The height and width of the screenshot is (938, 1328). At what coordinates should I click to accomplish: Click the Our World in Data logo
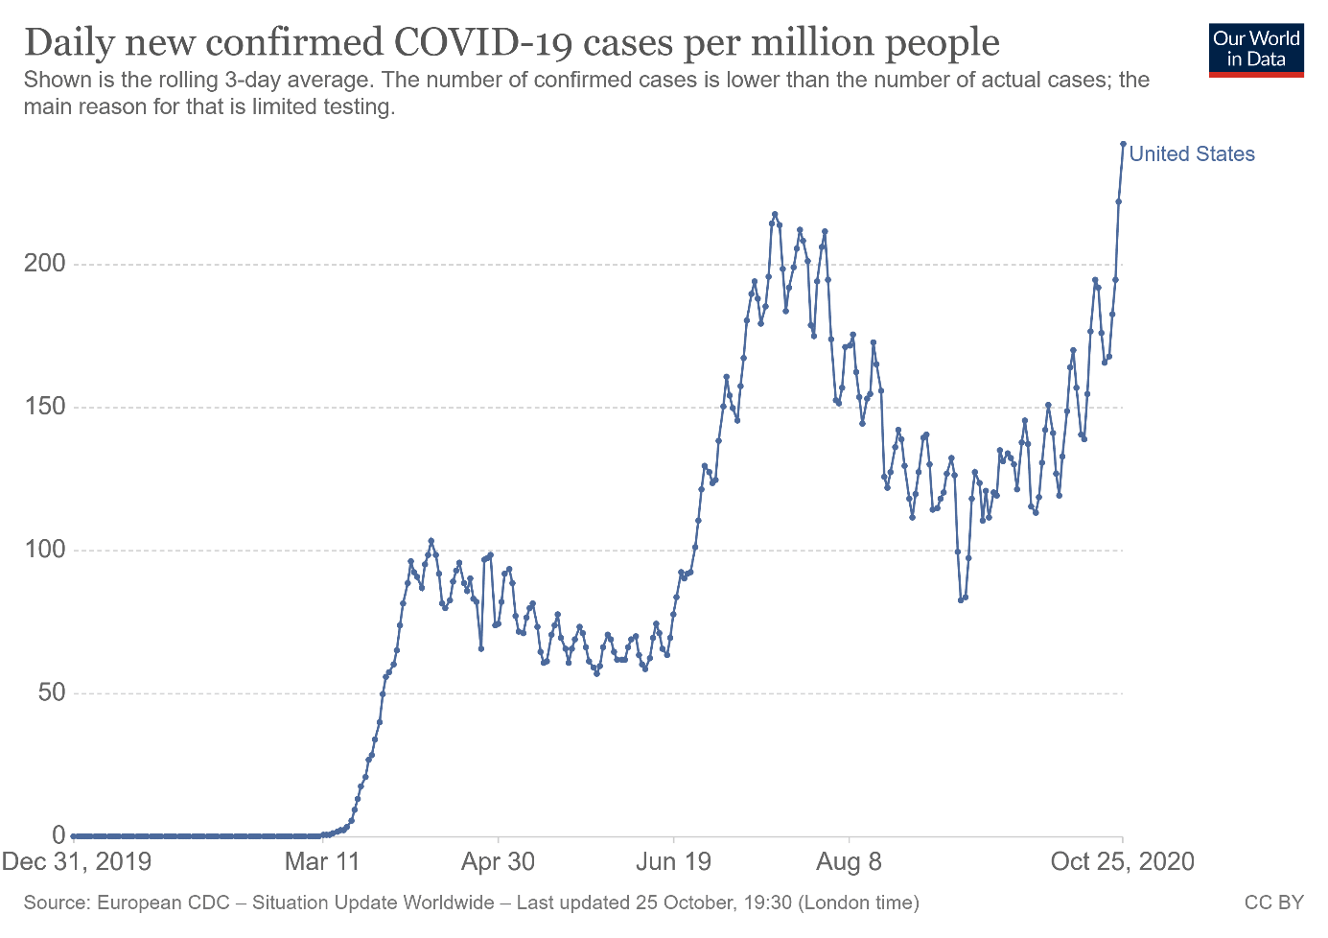[1256, 50]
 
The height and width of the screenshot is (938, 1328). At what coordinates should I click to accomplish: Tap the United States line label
[1192, 154]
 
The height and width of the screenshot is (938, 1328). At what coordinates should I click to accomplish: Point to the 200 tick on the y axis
[45, 264]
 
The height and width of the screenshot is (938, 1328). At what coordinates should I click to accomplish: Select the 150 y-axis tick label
[45, 407]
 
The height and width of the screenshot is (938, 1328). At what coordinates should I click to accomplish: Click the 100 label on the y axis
[45, 550]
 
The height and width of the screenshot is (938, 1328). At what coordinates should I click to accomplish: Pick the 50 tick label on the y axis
[52, 692]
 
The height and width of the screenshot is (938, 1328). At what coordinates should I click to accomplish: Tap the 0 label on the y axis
[59, 835]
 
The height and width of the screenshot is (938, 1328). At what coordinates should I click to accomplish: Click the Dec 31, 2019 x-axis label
[77, 861]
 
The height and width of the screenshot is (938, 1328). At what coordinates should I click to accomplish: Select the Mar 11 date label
[322, 861]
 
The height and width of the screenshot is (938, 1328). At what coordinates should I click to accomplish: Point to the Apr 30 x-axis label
[498, 861]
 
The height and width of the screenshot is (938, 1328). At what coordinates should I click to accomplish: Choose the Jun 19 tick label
[674, 861]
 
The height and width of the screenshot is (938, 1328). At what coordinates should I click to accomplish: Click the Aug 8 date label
[849, 861]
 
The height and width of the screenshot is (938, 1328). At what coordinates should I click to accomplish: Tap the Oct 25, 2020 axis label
[1123, 861]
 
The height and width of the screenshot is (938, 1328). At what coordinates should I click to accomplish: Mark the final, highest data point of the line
[1123, 144]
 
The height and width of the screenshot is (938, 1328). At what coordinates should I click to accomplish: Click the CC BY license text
[1274, 903]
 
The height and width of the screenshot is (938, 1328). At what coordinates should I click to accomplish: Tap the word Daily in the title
[67, 43]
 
